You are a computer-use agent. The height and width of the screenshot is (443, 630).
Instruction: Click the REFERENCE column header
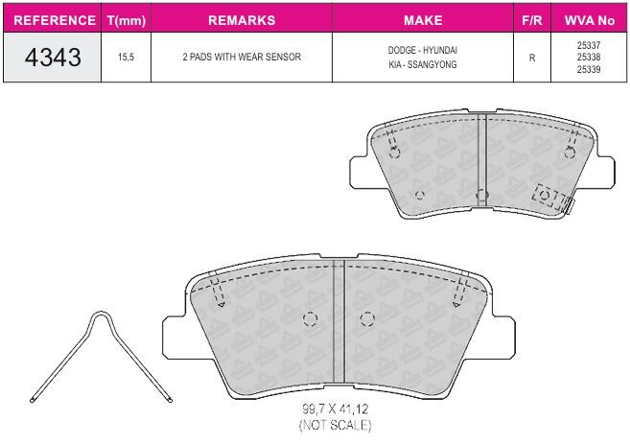tap(55, 20)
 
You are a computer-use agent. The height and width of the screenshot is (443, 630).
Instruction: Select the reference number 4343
tap(53, 57)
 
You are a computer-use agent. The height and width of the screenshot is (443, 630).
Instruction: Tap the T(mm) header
tap(127, 20)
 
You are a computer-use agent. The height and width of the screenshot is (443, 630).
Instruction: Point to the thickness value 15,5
tap(126, 57)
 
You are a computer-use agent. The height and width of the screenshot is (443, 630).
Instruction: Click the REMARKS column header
tap(242, 20)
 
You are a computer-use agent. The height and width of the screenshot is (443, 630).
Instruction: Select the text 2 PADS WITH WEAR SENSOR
tap(242, 57)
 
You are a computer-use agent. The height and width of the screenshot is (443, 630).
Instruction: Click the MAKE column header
tap(423, 20)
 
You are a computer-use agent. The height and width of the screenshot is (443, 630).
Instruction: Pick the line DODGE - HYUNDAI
tap(423, 50)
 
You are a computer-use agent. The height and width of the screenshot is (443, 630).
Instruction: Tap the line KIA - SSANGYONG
tap(423, 64)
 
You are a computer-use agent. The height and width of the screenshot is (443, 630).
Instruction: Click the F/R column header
tap(532, 20)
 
